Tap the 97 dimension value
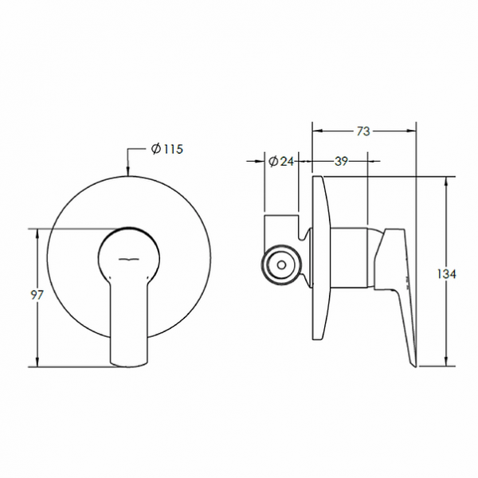(37, 296)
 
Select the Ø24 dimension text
(282, 161)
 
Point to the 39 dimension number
(340, 161)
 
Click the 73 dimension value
(363, 131)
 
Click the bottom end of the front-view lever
(129, 362)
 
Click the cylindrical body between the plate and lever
(350, 256)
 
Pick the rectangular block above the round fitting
(280, 225)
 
